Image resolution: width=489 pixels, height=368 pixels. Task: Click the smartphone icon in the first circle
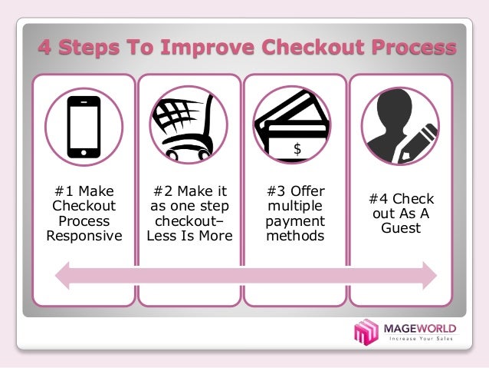84,127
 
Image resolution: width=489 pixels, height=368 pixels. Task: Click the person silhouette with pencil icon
399,127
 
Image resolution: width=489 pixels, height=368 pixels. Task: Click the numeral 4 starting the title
45,48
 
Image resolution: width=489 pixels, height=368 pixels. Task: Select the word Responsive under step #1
84,236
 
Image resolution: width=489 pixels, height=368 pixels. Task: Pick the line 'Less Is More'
189,236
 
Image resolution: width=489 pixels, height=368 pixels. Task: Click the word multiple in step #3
295,207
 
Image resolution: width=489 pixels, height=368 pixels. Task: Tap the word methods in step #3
295,236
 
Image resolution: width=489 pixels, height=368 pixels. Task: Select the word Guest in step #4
401,228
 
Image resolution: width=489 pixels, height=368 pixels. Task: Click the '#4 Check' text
401,199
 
